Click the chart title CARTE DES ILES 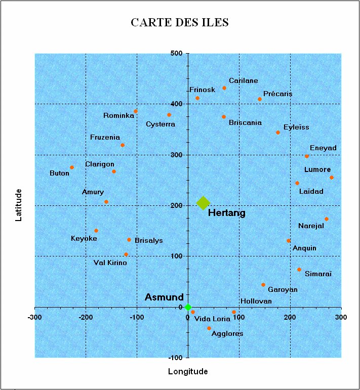click(x=180, y=23)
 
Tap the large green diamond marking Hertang click(x=203, y=203)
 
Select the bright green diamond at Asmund click(x=188, y=307)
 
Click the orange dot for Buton click(x=72, y=167)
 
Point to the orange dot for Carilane click(x=224, y=88)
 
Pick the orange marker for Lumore click(x=332, y=178)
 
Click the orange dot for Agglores click(x=209, y=328)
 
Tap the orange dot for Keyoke click(x=96, y=231)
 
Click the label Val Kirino click(x=110, y=263)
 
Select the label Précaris click(x=278, y=94)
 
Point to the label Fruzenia click(x=105, y=137)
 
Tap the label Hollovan click(x=256, y=301)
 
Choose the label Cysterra click(x=161, y=124)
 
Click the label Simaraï click(x=318, y=274)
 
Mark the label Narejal click(x=311, y=226)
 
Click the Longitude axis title click(x=188, y=371)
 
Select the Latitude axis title click(x=19, y=205)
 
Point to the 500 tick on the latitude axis click(x=177, y=53)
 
